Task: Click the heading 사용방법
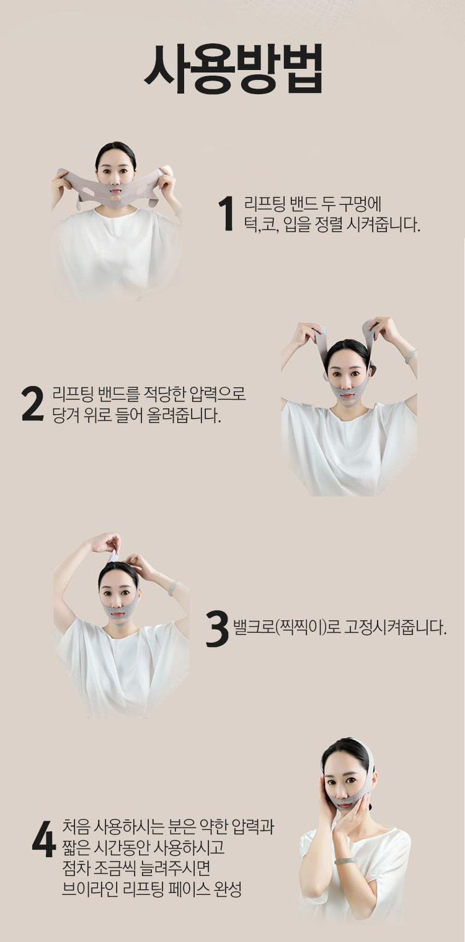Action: pos(233,68)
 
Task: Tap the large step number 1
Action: pos(227,214)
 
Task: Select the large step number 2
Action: pos(33,403)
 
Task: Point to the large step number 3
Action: pos(217,628)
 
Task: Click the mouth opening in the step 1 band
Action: pos(116,196)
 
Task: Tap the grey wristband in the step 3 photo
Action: pos(174,588)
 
